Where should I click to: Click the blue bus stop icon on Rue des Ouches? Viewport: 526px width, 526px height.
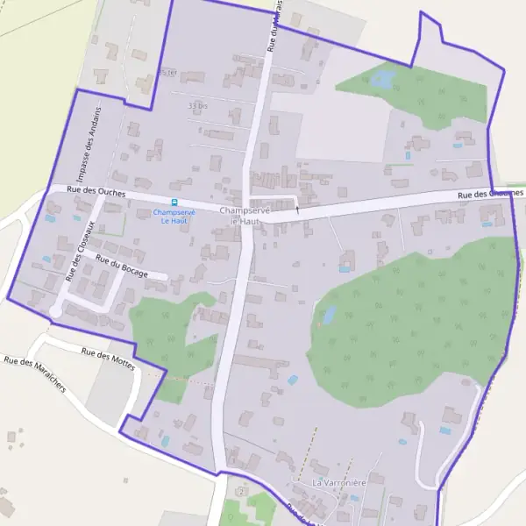(x=173, y=202)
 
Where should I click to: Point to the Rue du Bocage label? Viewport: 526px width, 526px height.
(x=121, y=267)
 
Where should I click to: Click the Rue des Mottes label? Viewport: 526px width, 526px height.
(x=108, y=359)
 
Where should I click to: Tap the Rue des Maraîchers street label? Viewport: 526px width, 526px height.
(x=34, y=374)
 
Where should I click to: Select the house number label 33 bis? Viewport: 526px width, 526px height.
(x=197, y=106)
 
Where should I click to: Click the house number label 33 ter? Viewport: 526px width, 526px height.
(x=166, y=72)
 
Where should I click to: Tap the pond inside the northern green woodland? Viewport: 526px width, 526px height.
(x=382, y=80)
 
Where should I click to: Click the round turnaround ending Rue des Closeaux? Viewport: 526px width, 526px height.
(x=55, y=310)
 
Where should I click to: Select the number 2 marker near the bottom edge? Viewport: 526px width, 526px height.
(x=241, y=492)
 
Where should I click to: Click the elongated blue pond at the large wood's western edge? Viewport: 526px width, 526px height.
(x=330, y=314)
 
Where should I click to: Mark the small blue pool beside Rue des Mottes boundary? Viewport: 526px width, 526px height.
(x=292, y=380)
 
